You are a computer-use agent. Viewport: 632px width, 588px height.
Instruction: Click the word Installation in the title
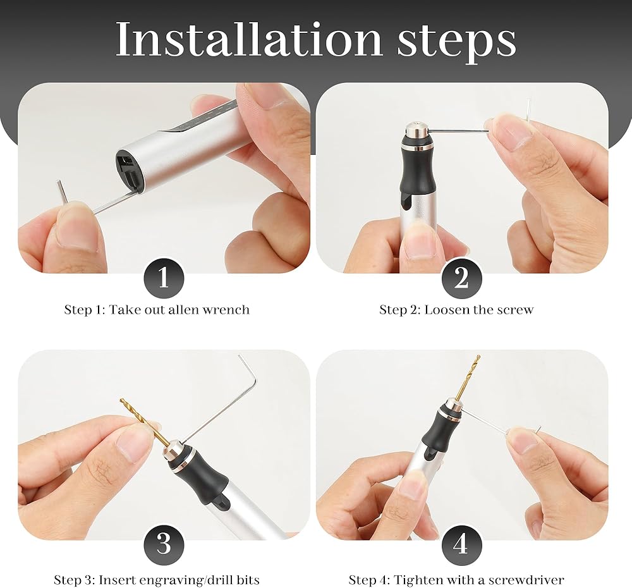(248, 39)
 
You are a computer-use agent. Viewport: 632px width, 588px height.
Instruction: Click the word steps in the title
(457, 42)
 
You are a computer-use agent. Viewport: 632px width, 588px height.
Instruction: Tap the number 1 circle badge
(164, 278)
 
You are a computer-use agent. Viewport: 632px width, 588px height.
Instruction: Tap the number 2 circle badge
(461, 278)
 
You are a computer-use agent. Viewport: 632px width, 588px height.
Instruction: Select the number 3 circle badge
(164, 544)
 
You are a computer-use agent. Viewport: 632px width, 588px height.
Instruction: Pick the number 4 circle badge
(461, 544)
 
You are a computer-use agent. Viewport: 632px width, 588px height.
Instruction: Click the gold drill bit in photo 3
(145, 424)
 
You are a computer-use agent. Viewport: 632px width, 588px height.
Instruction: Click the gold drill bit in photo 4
(468, 377)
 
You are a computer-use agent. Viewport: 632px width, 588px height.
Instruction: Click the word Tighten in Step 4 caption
(413, 580)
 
